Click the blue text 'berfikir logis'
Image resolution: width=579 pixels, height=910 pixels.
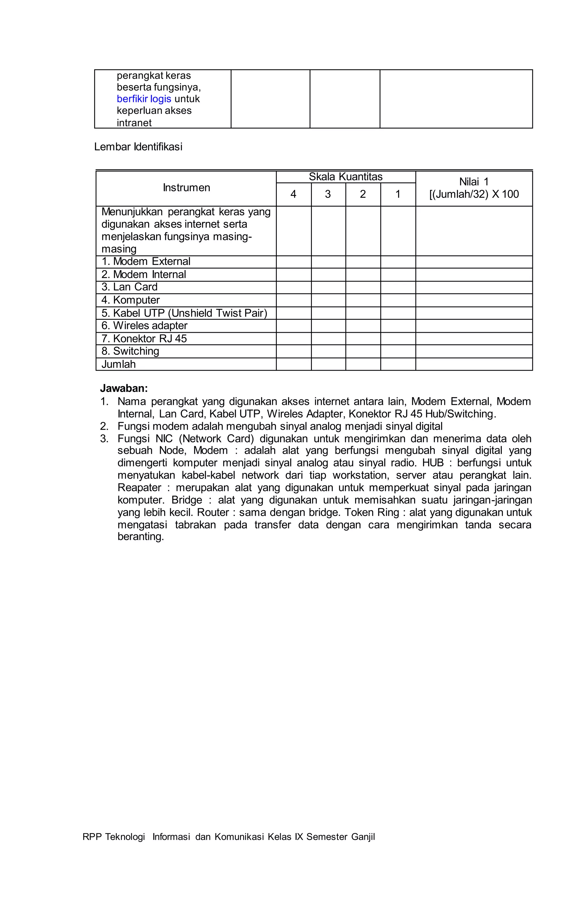144,99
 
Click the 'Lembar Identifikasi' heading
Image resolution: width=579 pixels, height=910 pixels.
138,147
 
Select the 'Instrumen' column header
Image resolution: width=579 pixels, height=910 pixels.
186,188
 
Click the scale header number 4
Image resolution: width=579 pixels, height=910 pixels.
293,194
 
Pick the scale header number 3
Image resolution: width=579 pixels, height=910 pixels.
328,194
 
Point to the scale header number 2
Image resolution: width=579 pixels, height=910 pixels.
363,194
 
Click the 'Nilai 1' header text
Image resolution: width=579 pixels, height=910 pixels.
474,182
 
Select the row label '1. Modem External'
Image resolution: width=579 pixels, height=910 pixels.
146,261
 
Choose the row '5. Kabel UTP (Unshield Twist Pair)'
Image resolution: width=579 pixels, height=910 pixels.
184,313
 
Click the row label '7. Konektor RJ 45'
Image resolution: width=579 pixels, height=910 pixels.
144,339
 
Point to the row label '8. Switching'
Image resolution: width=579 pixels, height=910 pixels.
130,351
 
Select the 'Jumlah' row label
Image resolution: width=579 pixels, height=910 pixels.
118,364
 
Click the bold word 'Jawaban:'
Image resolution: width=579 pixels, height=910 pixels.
124,388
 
